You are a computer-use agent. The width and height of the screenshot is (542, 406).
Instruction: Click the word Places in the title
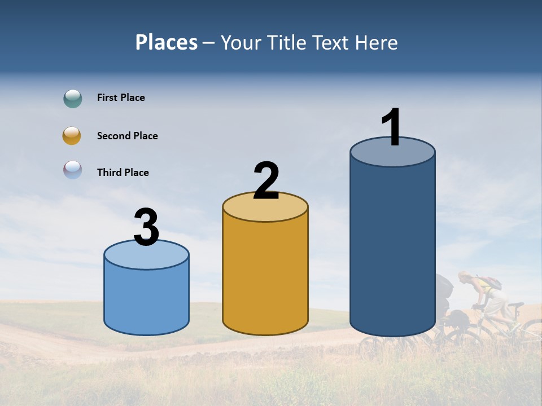click(166, 42)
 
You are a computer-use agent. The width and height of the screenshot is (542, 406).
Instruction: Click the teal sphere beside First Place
click(73, 98)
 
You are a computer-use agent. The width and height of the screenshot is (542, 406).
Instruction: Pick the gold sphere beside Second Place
click(72, 136)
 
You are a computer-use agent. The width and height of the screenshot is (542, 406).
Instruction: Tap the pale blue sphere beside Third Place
click(73, 170)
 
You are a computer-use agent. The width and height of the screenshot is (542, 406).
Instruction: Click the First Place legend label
click(121, 98)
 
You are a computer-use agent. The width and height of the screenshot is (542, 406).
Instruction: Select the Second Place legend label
click(127, 136)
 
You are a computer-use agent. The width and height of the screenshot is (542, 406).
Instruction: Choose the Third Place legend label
click(123, 173)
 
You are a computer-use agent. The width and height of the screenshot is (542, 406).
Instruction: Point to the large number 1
click(392, 127)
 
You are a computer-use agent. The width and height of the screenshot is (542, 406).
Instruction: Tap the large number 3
click(147, 227)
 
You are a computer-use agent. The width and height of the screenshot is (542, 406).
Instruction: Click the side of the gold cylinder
click(265, 276)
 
